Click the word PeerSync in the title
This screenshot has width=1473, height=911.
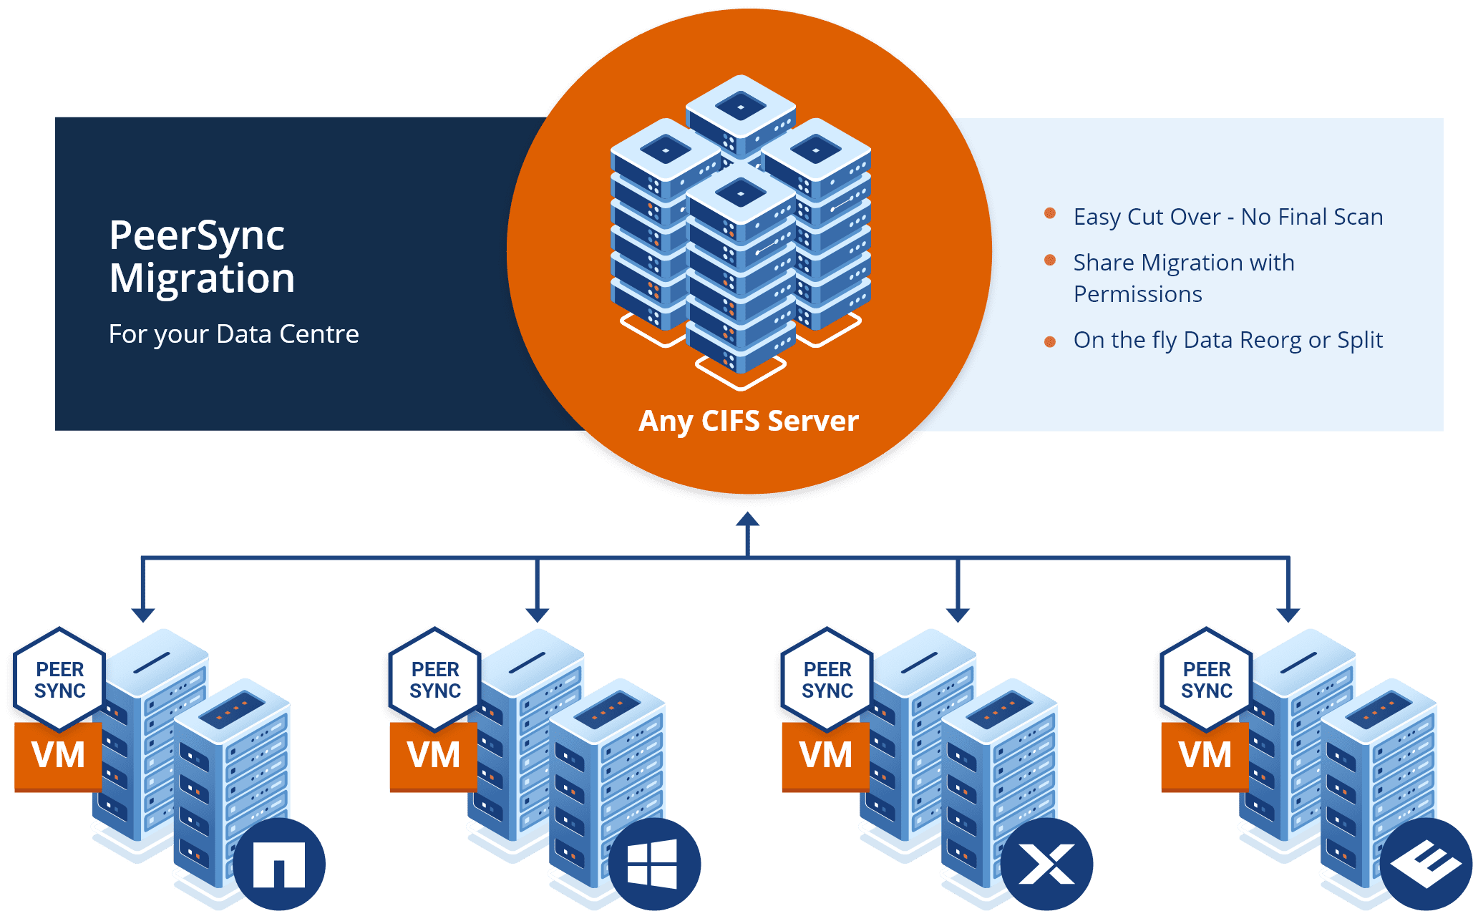197,236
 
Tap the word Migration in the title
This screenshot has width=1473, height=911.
202,278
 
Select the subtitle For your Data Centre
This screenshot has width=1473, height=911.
233,334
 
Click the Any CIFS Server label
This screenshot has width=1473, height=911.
748,421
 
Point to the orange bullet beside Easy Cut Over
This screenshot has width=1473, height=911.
1050,213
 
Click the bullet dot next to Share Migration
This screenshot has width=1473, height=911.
1050,260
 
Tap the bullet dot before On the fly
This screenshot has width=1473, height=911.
1050,341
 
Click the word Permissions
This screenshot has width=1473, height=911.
1137,294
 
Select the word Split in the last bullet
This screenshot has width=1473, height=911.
1360,340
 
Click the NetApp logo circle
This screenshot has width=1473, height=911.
279,864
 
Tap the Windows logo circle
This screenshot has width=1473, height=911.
654,864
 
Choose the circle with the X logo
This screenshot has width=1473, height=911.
1046,864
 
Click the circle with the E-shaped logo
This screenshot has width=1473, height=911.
1426,864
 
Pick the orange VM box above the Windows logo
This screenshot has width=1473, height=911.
433,756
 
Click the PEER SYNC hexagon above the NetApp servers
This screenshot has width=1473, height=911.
60,680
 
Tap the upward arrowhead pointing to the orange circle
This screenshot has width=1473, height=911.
747,520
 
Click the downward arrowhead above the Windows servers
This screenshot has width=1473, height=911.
537,615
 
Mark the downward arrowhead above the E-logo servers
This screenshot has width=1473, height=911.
1288,615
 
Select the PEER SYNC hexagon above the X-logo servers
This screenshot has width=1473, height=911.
827,680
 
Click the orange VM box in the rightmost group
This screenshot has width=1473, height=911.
1205,756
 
